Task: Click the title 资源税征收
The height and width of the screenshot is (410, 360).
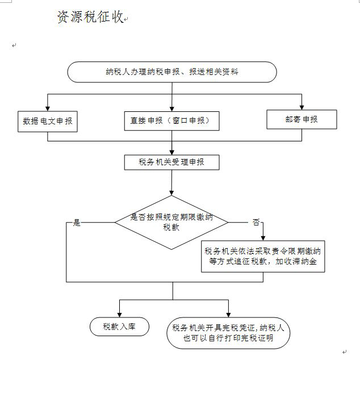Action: (90, 18)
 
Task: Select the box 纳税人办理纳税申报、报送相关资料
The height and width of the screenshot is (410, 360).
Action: (172, 72)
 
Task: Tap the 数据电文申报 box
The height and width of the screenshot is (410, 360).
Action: (48, 121)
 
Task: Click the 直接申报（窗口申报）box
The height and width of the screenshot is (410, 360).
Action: (171, 120)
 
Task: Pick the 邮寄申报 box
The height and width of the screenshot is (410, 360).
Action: (302, 119)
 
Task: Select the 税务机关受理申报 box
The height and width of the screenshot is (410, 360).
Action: (171, 162)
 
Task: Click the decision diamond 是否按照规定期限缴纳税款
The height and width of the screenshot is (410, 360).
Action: (171, 222)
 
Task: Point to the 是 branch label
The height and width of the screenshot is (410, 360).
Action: (77, 223)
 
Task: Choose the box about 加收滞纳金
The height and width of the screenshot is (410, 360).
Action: (263, 257)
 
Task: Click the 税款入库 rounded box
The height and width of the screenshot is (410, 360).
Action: (119, 327)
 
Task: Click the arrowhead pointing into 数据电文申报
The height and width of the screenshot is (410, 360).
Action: (48, 108)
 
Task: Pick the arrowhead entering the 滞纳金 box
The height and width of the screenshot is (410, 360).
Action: (263, 239)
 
